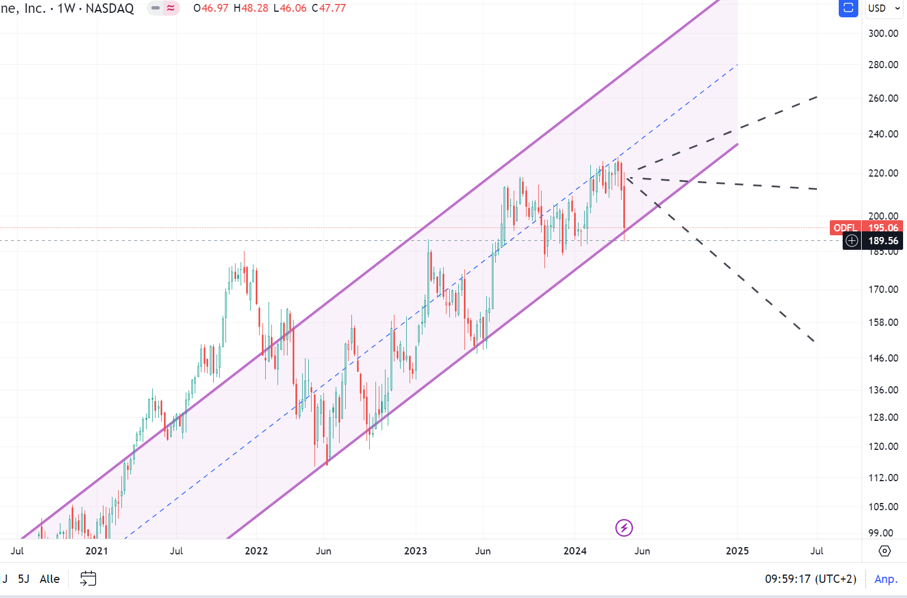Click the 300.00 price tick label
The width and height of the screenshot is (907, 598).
(883, 34)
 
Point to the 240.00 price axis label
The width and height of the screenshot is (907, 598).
(883, 134)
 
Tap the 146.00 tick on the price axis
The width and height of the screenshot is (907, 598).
(883, 358)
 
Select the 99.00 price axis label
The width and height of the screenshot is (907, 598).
(881, 533)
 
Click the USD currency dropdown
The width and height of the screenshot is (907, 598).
(884, 8)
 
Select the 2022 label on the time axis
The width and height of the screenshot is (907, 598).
(256, 551)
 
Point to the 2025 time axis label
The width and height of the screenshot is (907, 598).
(737, 551)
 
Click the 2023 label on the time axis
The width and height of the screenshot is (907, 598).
(415, 551)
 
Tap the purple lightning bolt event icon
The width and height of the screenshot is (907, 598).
(624, 528)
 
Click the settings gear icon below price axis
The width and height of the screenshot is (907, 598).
(885, 551)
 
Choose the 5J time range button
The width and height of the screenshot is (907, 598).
(24, 579)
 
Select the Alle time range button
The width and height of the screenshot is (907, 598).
(50, 579)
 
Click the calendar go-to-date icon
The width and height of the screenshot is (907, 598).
(88, 578)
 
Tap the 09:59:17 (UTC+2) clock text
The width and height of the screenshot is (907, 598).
(810, 579)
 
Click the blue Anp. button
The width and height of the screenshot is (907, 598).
(886, 579)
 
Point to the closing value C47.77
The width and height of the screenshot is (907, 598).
(329, 8)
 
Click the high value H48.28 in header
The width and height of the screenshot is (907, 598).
(251, 8)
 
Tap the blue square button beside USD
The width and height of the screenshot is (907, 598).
(848, 8)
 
